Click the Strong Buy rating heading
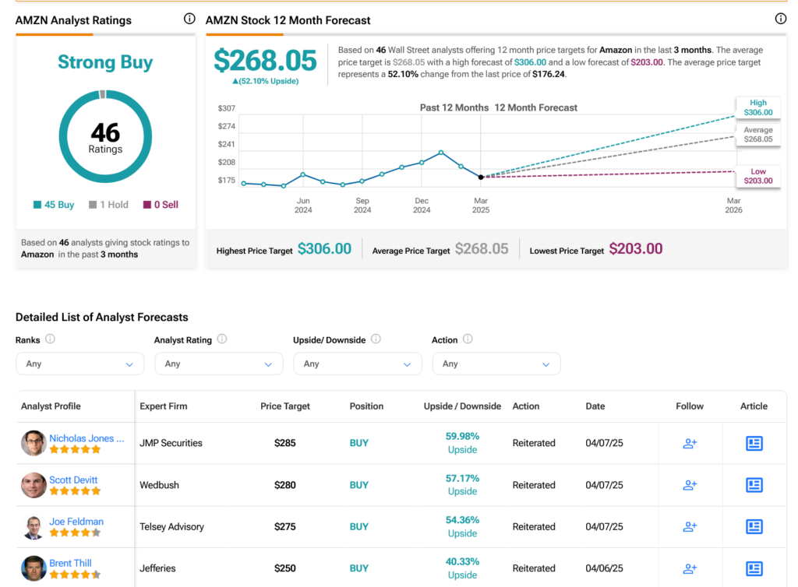(x=105, y=62)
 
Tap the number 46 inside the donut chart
(x=105, y=132)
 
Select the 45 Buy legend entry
(x=54, y=205)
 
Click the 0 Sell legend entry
(x=161, y=205)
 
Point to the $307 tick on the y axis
(x=227, y=108)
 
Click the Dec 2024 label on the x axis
(x=422, y=206)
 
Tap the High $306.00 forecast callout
(x=757, y=107)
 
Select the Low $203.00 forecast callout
(x=757, y=176)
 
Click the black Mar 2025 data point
(x=481, y=178)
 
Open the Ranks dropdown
(x=80, y=364)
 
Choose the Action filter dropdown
(x=496, y=364)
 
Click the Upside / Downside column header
(x=462, y=406)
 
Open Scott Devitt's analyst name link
(x=73, y=480)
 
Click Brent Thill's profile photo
(x=34, y=568)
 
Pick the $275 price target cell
(x=285, y=526)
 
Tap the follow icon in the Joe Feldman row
(x=690, y=526)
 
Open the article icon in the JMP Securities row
(x=754, y=443)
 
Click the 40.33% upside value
(x=462, y=561)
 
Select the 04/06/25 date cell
(x=604, y=568)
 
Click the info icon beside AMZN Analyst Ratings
(x=189, y=19)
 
